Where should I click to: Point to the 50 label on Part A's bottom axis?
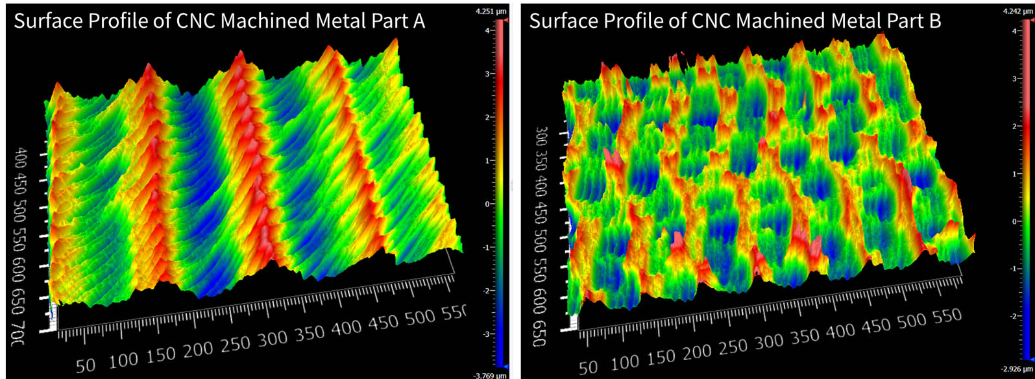coord(85,365)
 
